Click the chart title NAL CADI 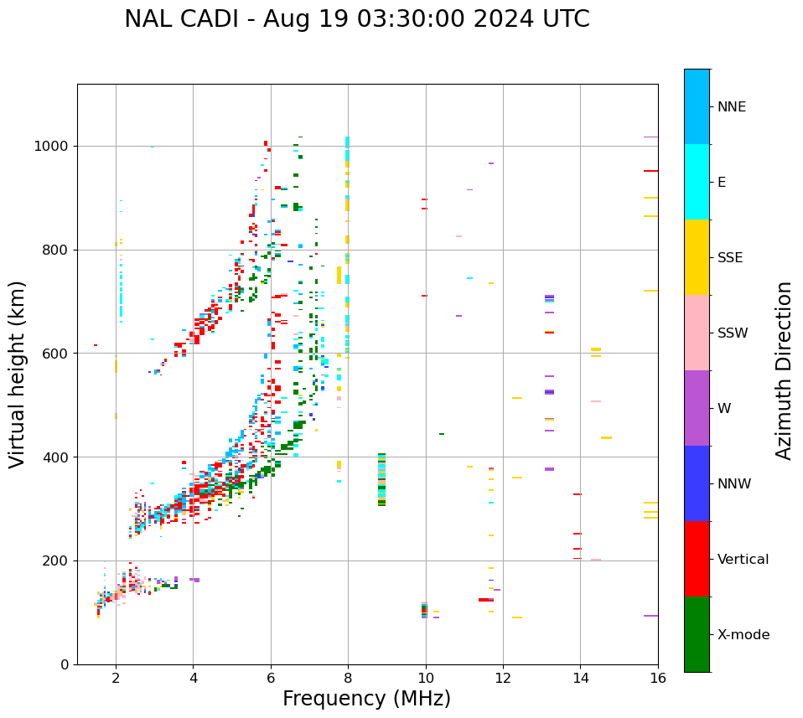tap(356, 19)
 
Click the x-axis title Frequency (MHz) tap(366, 699)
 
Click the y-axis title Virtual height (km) tap(18, 374)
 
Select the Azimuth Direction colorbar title tap(784, 370)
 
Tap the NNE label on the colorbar tap(731, 107)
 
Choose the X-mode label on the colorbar tap(743, 635)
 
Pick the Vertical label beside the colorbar tap(743, 560)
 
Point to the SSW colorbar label tap(733, 333)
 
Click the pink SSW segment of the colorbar tap(697, 333)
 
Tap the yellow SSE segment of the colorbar tap(697, 257)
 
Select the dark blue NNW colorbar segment tap(697, 483)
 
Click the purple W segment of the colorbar tap(697, 408)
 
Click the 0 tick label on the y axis tap(65, 664)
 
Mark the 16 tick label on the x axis tap(658, 678)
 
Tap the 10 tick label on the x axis tap(426, 678)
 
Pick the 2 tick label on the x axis tap(116, 678)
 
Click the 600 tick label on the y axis tap(57, 354)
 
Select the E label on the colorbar tap(722, 183)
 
